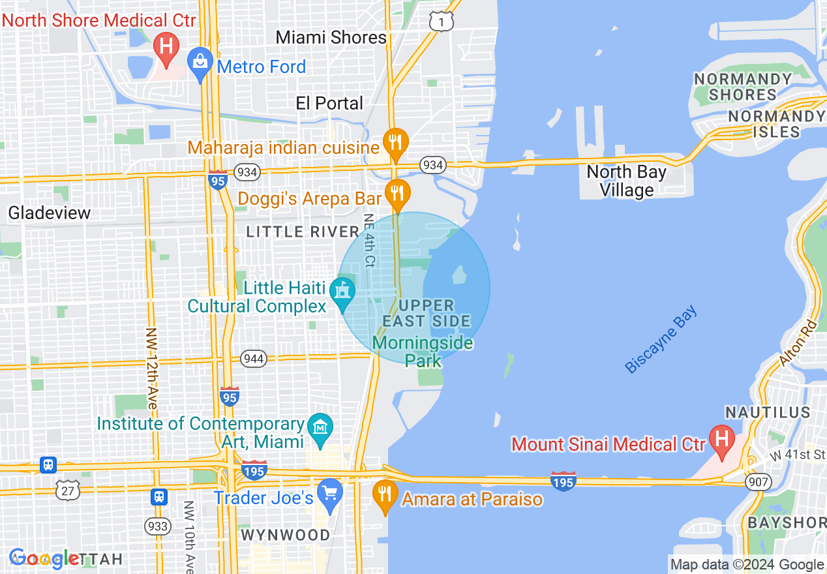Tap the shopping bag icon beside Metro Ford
200,63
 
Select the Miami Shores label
331,37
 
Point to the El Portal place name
329,103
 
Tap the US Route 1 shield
442,22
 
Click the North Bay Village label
626,181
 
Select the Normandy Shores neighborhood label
742,87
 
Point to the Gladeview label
50,213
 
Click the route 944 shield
253,358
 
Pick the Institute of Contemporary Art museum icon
320,428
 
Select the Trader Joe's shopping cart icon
331,494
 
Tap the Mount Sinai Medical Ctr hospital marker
722,440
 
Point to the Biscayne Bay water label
661,340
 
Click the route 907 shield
759,482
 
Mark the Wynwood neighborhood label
286,535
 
